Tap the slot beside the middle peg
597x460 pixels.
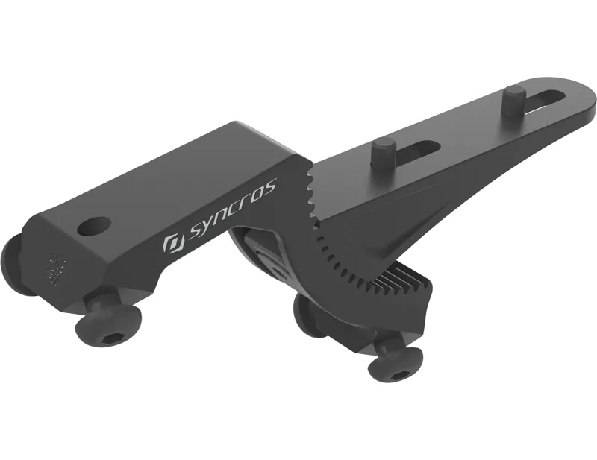[418, 148]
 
